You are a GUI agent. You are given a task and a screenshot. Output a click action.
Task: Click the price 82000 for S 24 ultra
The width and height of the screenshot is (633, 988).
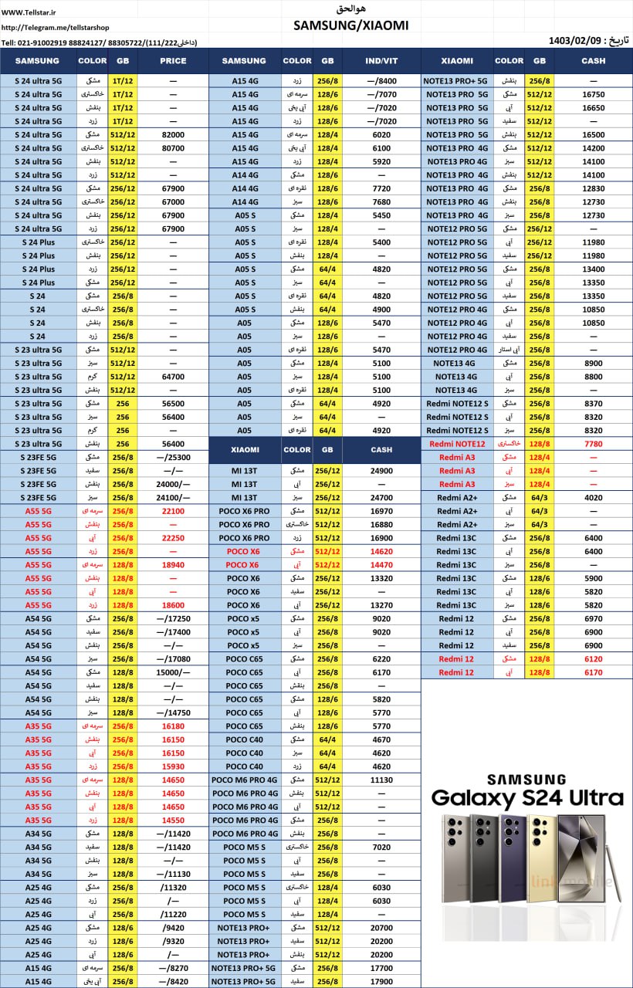(x=173, y=134)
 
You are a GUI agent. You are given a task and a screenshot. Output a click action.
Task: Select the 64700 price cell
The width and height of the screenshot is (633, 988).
(x=173, y=377)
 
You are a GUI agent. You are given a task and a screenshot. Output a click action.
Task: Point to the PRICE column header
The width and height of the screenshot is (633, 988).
(x=173, y=61)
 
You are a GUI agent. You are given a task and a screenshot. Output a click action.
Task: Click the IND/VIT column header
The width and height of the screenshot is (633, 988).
(x=381, y=61)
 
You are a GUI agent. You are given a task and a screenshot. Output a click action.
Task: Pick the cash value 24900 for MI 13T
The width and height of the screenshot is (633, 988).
(x=381, y=471)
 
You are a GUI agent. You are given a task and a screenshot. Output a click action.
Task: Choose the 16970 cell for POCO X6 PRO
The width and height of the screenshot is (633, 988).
(x=381, y=511)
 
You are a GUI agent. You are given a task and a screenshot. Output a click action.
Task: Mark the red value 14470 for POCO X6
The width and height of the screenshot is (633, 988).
(x=381, y=565)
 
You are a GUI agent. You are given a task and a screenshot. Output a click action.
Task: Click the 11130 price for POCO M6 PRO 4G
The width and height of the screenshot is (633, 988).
(x=381, y=780)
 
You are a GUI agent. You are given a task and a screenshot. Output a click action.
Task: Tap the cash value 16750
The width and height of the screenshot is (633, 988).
(x=593, y=93)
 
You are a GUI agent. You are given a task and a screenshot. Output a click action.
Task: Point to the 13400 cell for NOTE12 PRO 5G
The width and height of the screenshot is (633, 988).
(x=593, y=269)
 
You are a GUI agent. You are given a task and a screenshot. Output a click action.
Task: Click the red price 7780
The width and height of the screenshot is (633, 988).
(x=593, y=444)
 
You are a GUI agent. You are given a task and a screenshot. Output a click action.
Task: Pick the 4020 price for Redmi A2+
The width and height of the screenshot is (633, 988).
(x=593, y=498)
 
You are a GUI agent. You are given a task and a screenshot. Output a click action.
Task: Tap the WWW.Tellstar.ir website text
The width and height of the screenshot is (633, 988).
(x=32, y=11)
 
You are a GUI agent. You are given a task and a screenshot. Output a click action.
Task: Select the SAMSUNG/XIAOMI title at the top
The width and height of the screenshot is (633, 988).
(x=350, y=25)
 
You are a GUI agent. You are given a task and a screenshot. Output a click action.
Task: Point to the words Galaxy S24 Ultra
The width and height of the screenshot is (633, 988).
(x=526, y=797)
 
